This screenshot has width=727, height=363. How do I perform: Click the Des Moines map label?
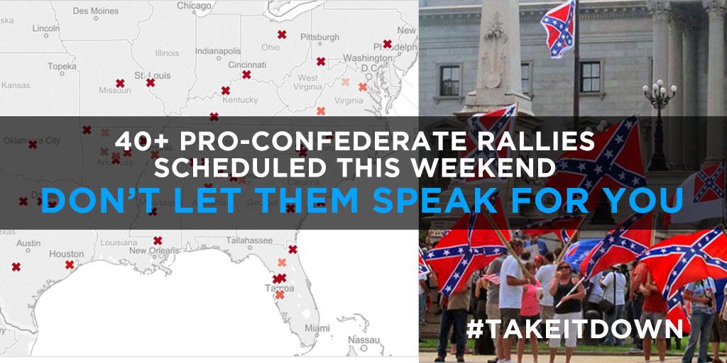click(95, 11)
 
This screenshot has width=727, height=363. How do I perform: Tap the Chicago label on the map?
click(193, 6)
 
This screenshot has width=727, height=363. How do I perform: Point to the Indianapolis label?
click(219, 51)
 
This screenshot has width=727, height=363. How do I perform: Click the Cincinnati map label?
click(247, 65)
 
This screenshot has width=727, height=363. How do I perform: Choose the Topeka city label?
click(62, 66)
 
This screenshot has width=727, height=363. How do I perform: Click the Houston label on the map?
click(67, 254)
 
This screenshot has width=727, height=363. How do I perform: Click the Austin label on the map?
click(28, 243)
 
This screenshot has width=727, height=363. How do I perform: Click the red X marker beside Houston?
click(70, 265)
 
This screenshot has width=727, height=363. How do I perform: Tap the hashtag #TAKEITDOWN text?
click(574, 329)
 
